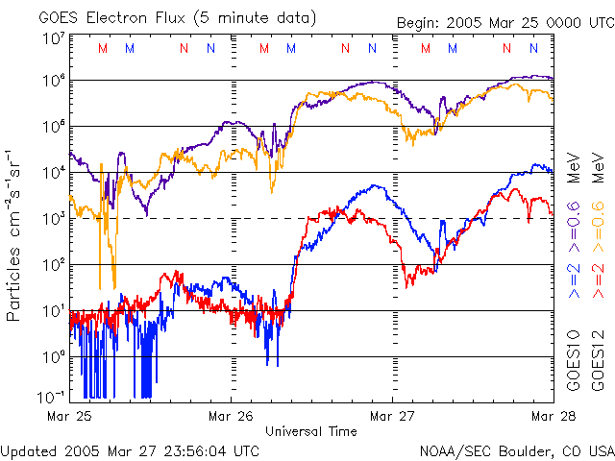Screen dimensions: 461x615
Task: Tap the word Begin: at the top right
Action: coord(421,23)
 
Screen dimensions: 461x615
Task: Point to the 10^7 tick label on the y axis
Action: coord(53,38)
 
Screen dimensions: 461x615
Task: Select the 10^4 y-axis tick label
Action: coord(53,173)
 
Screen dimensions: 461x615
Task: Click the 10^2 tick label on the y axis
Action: coord(53,265)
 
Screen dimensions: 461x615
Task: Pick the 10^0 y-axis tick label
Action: coord(53,357)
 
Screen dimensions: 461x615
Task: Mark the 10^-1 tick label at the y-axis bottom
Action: coord(51,397)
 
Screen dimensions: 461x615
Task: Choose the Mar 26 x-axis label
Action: coord(232,416)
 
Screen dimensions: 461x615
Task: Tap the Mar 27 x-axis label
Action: coord(392,416)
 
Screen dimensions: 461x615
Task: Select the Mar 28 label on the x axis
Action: coord(552,416)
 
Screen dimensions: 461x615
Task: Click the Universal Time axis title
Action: coord(311,431)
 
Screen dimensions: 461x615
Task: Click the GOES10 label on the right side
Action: coord(574,366)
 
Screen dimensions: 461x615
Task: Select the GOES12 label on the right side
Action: coord(598,366)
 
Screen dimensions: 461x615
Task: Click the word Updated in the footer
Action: coord(29,449)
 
